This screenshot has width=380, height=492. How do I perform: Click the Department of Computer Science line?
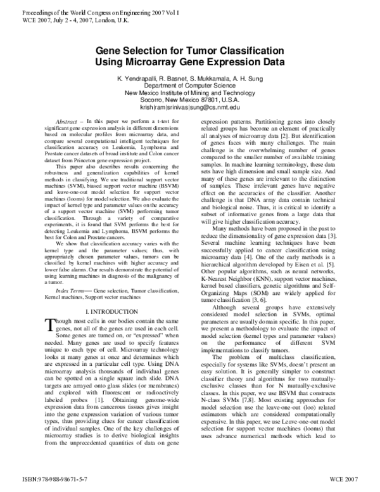click(190, 84)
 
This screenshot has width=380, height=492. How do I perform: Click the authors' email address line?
click(190, 107)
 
